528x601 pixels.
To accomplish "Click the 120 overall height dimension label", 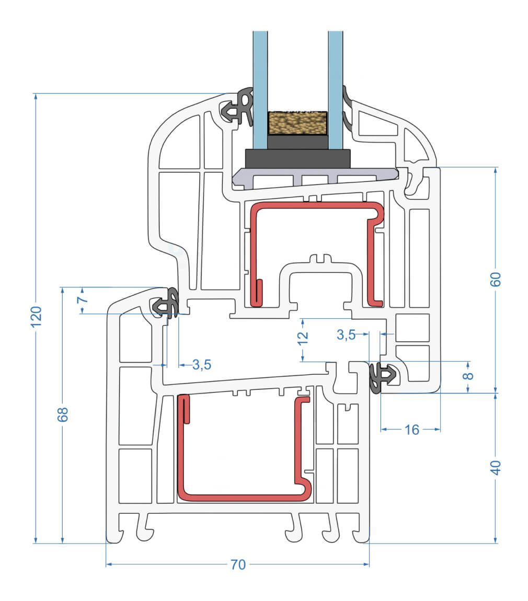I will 36,316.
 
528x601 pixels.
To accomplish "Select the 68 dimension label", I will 62,414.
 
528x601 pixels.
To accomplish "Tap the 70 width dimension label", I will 238,564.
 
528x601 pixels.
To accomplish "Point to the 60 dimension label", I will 496,279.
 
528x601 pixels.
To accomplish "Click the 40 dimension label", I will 496,467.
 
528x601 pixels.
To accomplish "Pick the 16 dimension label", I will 412,430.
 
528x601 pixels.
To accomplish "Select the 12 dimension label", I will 303,339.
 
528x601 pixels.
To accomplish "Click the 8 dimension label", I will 468,375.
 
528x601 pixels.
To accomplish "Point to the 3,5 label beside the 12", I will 346,336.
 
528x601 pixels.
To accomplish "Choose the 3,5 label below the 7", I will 201,365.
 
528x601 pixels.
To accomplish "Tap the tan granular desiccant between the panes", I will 297,124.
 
